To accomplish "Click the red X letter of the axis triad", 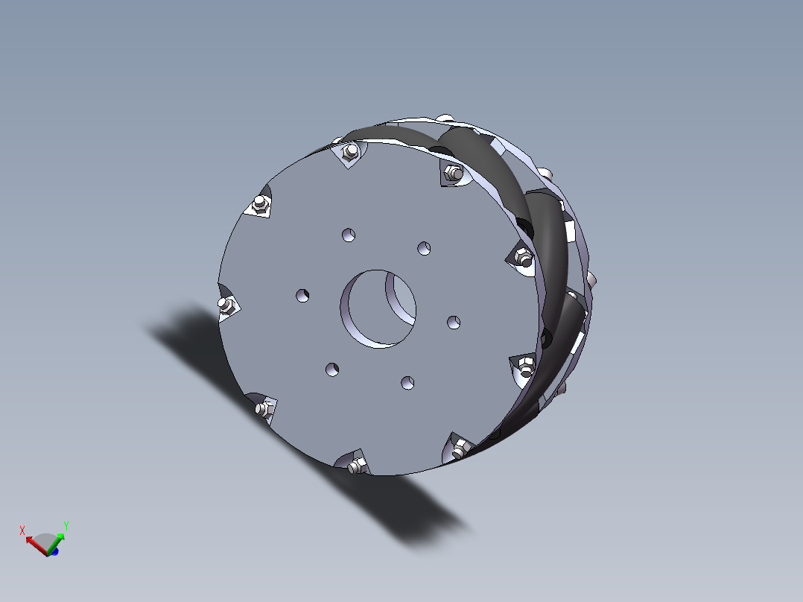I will coord(22,530).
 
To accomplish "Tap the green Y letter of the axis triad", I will coord(66,525).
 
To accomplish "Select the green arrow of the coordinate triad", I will coord(59,542).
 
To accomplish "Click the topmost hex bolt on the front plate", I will coord(348,152).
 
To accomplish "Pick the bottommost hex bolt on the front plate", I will coord(357,466).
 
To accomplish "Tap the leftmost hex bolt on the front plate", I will coord(226,305).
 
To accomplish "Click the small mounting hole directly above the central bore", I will coord(348,235).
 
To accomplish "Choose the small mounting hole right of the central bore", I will coord(453,321).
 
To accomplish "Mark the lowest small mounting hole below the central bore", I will coord(407,382).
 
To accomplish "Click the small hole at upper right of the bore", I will coord(424,247).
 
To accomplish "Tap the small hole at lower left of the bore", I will coord(331,369).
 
